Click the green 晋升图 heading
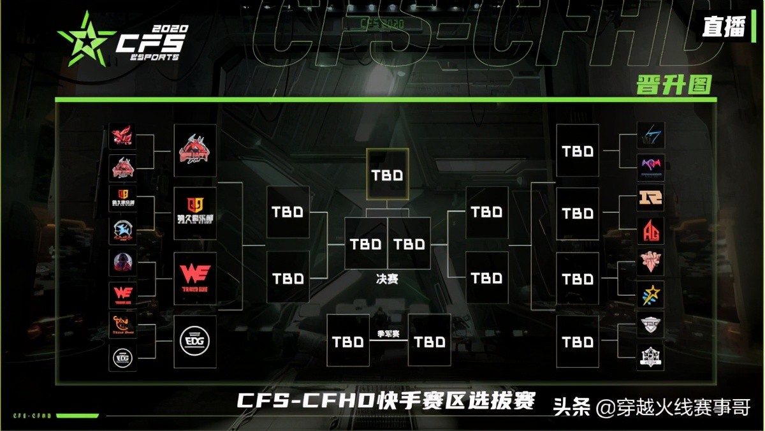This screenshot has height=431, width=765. point(673,84)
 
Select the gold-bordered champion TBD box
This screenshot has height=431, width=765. point(387,173)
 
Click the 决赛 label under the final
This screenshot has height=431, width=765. point(387,279)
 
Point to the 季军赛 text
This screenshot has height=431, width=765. point(388,333)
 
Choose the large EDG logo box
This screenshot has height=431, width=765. point(194,342)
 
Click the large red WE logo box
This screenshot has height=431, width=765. point(194,278)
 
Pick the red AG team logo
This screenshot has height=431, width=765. point(650,231)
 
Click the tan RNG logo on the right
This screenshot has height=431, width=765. point(650,198)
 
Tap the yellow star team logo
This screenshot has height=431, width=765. point(650,294)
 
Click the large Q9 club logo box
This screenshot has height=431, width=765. point(194,214)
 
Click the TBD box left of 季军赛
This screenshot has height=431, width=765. point(348,341)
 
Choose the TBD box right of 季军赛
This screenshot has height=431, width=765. point(429,341)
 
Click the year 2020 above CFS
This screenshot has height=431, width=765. point(170,29)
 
